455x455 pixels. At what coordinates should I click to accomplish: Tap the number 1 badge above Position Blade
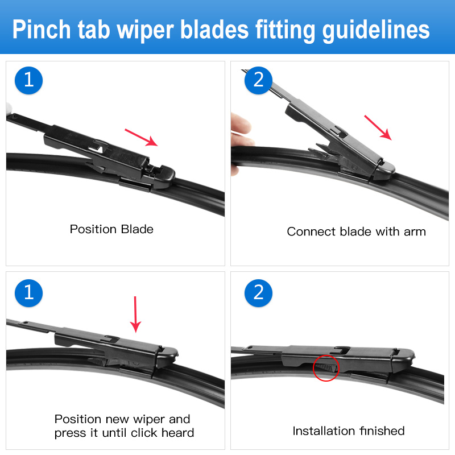(28, 80)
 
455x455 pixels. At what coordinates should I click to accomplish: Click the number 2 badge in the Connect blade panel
(258, 80)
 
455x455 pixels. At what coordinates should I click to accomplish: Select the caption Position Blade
(111, 229)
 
